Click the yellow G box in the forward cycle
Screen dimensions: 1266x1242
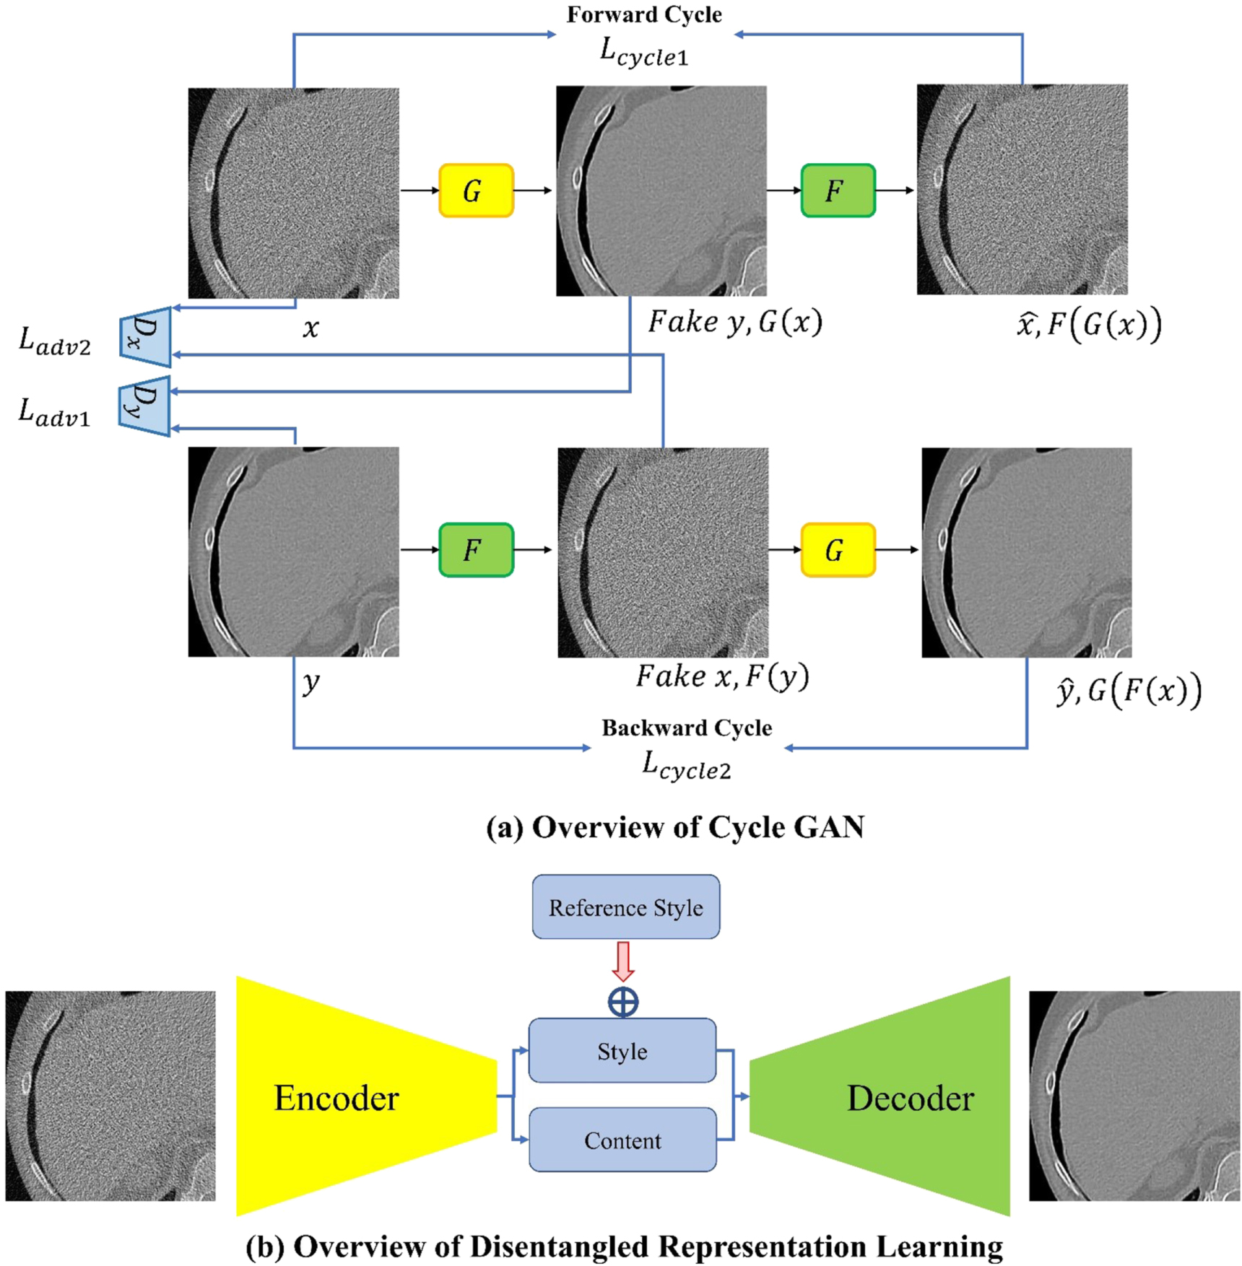(476, 191)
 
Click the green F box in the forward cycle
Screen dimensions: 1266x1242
(838, 191)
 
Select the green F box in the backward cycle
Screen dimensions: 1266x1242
(476, 550)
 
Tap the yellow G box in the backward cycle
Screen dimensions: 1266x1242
(838, 550)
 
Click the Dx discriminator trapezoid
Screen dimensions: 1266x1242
(146, 337)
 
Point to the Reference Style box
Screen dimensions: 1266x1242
(625, 907)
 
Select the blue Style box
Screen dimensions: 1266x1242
(622, 1051)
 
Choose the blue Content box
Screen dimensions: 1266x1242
(622, 1140)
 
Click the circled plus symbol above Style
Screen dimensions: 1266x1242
(622, 1002)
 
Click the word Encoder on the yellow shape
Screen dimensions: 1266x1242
(336, 1098)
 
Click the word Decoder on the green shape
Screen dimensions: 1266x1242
(910, 1098)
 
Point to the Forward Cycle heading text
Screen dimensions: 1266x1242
(643, 14)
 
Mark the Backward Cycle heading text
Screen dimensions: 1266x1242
(686, 728)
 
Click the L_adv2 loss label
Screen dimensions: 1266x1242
(55, 341)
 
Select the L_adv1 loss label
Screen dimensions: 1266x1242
(55, 412)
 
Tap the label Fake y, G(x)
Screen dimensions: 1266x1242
(734, 322)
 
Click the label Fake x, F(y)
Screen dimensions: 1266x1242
(722, 676)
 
